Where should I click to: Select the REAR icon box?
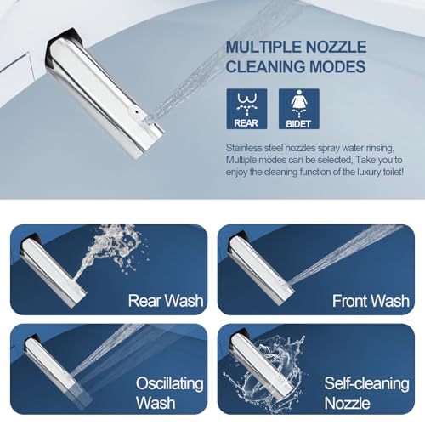coord(246,109)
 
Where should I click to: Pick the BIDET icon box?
coord(299,109)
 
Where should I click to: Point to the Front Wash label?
coord(371,300)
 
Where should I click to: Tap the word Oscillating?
coord(170,383)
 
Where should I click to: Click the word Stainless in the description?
coord(251,146)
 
